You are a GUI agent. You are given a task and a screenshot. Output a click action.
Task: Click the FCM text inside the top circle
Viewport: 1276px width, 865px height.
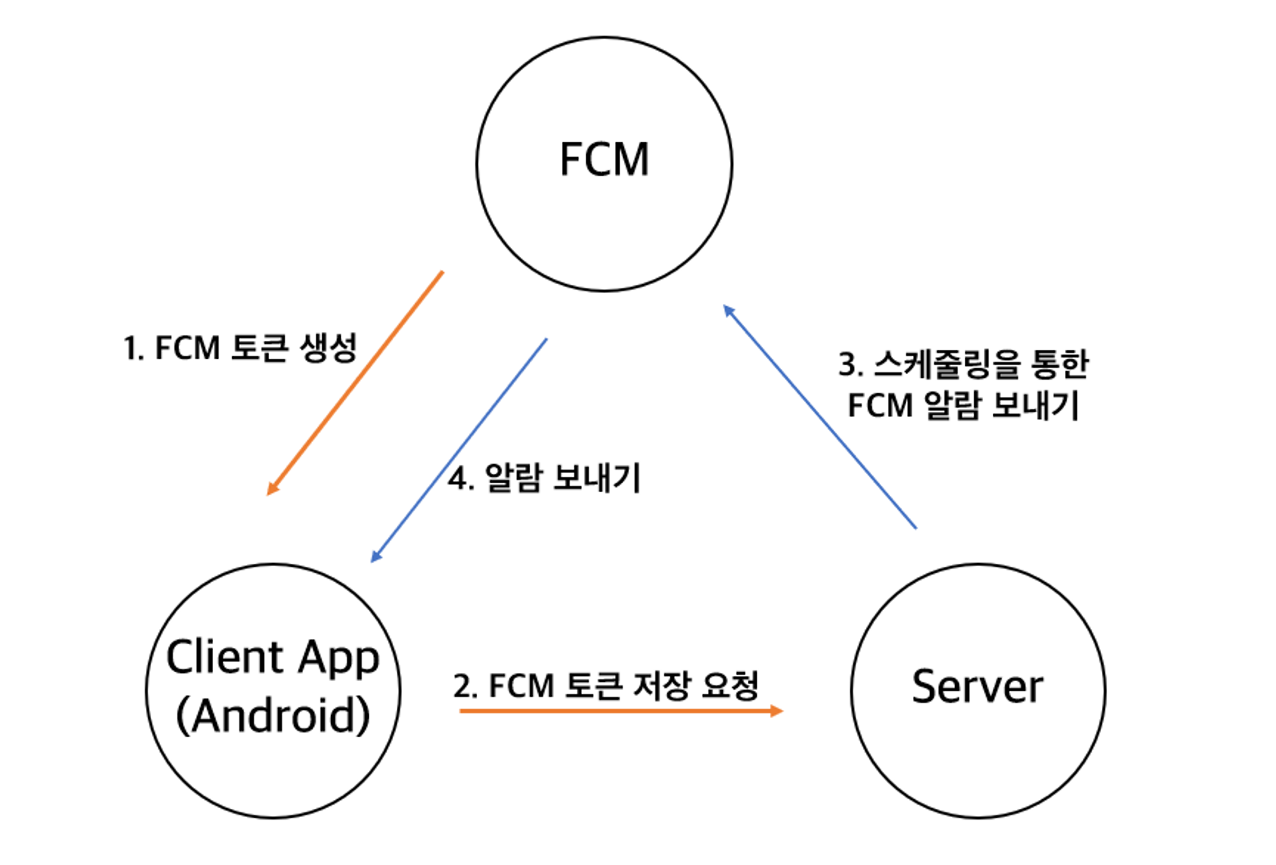tap(604, 160)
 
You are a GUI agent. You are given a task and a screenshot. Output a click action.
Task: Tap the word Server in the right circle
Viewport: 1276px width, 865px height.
tap(977, 687)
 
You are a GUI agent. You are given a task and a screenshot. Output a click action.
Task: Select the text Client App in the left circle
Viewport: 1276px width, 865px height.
tap(273, 658)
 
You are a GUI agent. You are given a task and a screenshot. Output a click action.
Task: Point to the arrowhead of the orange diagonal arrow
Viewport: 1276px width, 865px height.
tap(272, 488)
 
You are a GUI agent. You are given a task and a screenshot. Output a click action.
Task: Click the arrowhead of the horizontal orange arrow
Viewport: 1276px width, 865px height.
tap(776, 711)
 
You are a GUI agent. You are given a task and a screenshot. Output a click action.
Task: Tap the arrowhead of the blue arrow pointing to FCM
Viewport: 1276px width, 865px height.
tap(728, 311)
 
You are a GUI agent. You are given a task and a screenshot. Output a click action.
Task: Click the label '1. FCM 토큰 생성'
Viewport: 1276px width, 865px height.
tap(240, 349)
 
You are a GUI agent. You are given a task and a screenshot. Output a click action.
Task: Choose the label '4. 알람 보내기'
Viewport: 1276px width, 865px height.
tap(544, 478)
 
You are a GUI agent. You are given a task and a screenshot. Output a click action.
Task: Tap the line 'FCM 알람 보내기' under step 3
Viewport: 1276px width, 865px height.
tap(963, 405)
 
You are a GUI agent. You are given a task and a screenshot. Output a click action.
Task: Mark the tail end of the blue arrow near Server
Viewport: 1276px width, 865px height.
tap(915, 527)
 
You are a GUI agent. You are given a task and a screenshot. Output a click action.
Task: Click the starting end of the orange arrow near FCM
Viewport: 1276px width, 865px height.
tap(441, 273)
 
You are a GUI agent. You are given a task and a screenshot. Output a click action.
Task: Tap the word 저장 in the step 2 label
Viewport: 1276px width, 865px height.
tap(662, 686)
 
